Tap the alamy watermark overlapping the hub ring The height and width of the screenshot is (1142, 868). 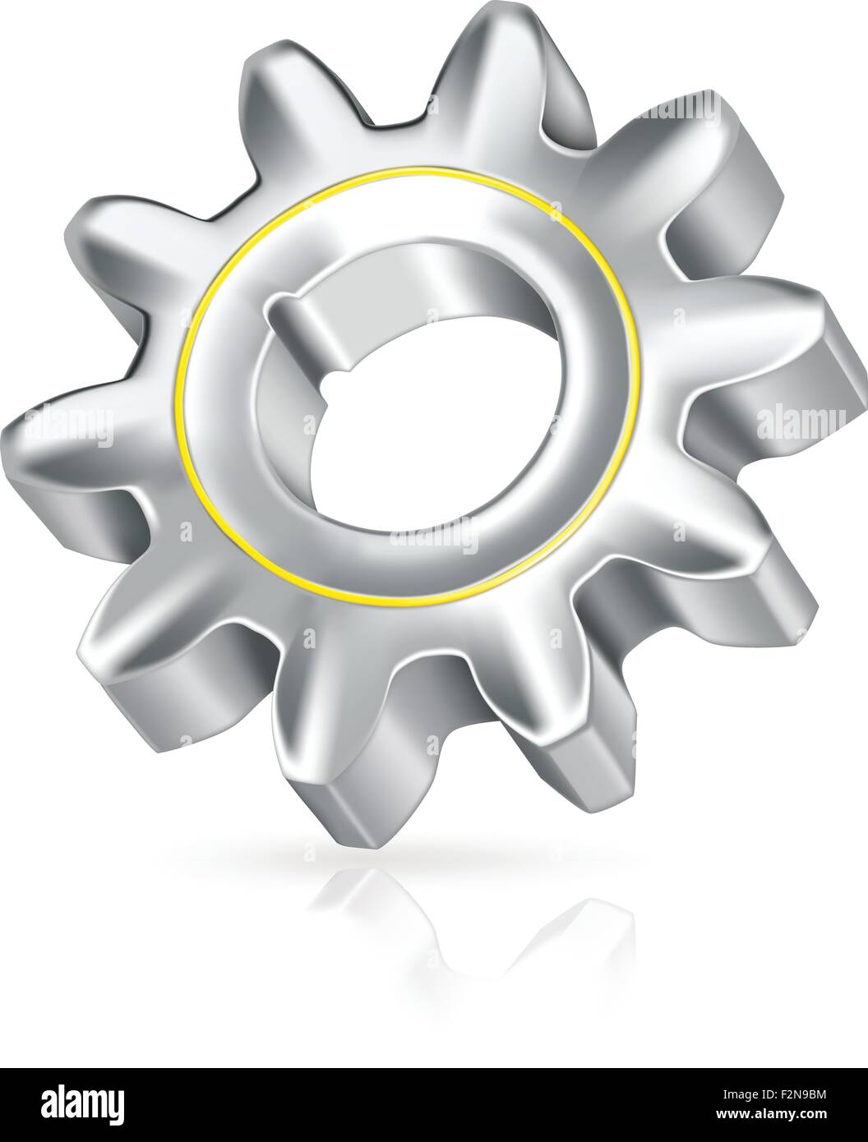tap(434, 541)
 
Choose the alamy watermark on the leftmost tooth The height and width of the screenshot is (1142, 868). tap(71, 424)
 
